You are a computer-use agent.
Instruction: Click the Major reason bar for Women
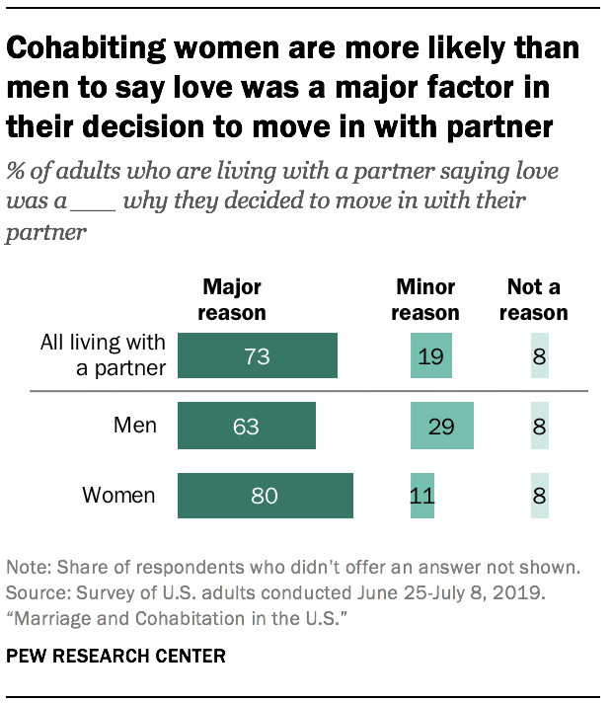pyautogui.click(x=265, y=496)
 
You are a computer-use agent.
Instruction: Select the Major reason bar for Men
pyautogui.click(x=246, y=427)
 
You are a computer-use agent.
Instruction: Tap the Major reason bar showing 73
pyautogui.click(x=257, y=356)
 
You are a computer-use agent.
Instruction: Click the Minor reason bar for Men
pyautogui.click(x=441, y=427)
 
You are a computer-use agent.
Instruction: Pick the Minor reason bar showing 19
pyautogui.click(x=430, y=356)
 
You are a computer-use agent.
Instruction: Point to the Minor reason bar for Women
pyautogui.click(x=421, y=496)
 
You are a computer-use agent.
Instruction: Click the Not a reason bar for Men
pyautogui.click(x=539, y=427)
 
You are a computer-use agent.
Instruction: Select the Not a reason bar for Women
pyautogui.click(x=539, y=496)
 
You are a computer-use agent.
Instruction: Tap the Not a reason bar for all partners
pyautogui.click(x=539, y=356)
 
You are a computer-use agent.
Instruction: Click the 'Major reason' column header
pyautogui.click(x=234, y=300)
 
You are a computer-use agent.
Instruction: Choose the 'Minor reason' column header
pyautogui.click(x=426, y=300)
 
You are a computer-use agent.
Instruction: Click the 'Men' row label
pyautogui.click(x=134, y=427)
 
